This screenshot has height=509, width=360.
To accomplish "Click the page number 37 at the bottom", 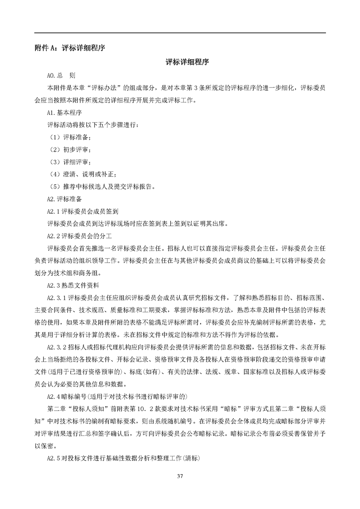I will click(180, 476).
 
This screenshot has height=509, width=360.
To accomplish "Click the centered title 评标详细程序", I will click(180, 62).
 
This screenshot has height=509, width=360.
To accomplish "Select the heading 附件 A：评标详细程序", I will click(70, 48).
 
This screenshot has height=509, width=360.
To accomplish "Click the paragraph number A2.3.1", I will click(57, 298).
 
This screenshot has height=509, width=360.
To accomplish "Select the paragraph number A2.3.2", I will click(57, 347).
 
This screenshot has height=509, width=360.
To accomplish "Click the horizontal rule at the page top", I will click(180, 33).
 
